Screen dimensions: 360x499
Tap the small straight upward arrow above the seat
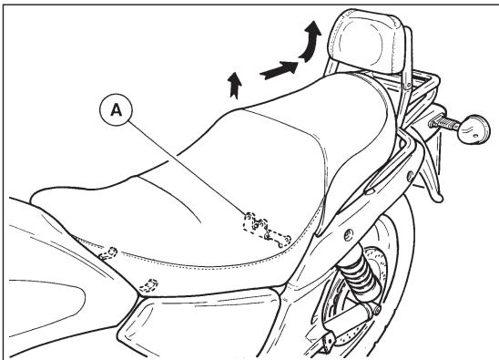tap(235, 85)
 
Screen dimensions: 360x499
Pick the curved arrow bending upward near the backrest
tap(312, 42)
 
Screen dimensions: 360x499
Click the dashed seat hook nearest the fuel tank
tap(108, 252)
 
